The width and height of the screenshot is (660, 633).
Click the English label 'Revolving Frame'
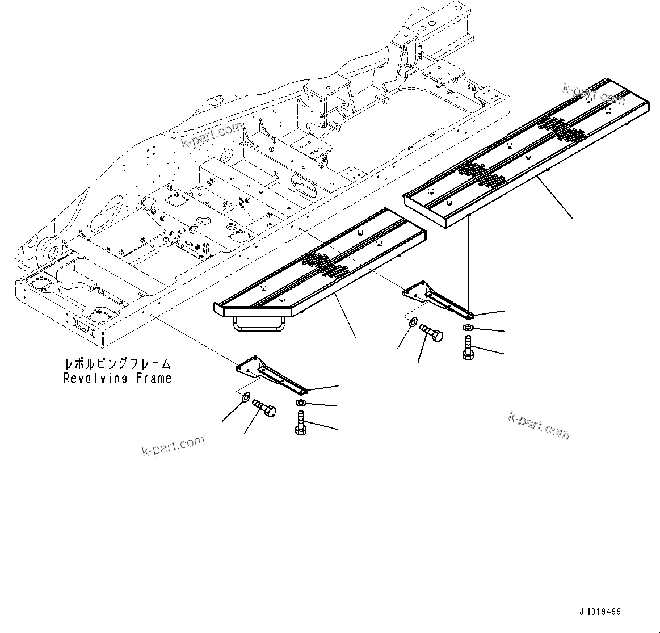[117, 378]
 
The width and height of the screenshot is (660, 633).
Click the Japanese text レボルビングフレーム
[117, 363]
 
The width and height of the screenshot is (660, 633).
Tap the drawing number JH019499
[600, 611]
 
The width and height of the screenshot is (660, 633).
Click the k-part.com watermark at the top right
[593, 94]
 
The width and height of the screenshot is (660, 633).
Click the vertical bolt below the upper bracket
[467, 347]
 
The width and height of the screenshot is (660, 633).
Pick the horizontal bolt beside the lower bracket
[263, 407]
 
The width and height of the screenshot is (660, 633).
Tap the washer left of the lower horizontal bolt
[246, 396]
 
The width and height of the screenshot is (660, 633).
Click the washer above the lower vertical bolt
[300, 403]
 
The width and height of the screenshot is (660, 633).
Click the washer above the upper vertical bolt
[466, 328]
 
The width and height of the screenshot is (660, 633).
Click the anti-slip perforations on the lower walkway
[326, 265]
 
